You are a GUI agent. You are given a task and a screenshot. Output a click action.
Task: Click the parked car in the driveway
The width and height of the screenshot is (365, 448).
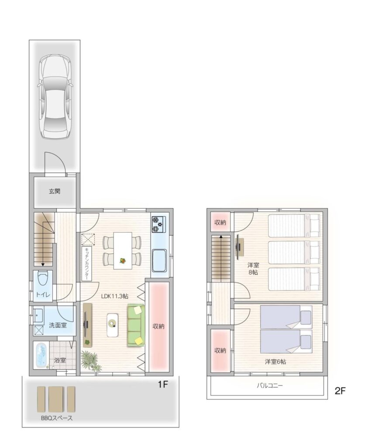(55, 97)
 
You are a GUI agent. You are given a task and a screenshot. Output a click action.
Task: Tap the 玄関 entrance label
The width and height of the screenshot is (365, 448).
(54, 192)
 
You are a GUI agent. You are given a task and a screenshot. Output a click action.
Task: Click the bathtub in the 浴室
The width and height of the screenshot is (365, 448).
(42, 355)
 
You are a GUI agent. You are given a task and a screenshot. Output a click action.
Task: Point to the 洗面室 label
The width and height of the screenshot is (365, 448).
(58, 325)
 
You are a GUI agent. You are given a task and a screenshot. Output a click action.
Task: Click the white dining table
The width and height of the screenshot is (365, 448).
(123, 251)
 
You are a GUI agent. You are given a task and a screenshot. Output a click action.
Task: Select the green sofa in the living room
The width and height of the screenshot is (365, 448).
(136, 325)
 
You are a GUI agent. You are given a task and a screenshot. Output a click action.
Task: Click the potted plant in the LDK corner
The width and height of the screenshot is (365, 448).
(91, 361)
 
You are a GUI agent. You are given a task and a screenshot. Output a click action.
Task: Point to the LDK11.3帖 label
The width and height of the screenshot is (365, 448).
(115, 296)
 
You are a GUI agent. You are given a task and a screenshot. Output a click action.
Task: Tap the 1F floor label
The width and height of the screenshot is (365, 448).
(163, 385)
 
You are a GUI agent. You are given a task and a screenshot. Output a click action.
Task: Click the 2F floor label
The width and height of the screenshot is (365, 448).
(340, 391)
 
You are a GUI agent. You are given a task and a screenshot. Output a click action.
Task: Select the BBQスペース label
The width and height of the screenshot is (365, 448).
(56, 418)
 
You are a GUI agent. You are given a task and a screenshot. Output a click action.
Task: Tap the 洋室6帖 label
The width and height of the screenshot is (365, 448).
(275, 362)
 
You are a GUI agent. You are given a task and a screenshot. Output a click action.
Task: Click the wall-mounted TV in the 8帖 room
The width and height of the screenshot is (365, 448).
(239, 247)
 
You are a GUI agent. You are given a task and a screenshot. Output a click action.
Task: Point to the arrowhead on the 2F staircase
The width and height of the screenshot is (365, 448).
(221, 237)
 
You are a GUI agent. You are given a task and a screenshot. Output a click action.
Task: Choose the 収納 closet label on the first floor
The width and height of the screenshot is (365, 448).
(158, 326)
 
